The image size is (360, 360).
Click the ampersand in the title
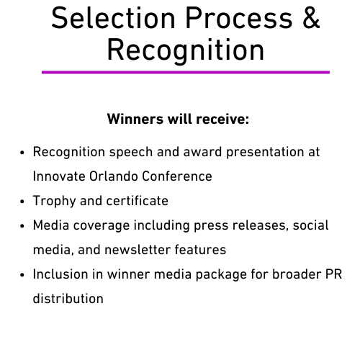(311, 18)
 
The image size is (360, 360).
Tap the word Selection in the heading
(113, 18)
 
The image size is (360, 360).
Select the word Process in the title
(239, 18)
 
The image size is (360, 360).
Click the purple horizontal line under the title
(186, 72)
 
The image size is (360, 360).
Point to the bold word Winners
(135, 119)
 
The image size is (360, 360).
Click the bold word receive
(222, 119)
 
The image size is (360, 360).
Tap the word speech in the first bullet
(131, 153)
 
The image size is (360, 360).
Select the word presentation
(265, 153)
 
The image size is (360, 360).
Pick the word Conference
(177, 176)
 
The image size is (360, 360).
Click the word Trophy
(54, 201)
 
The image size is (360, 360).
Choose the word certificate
(138, 201)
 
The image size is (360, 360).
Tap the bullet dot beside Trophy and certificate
(22, 202)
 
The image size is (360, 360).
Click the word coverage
(102, 226)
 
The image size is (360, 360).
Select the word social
(310, 225)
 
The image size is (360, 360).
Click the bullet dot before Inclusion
(22, 275)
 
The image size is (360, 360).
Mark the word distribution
(68, 299)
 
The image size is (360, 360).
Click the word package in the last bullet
(221, 275)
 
